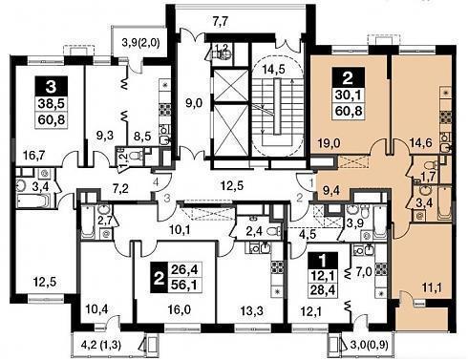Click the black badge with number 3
pos(52,86)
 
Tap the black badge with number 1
pos(323,261)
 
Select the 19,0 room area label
pos(330,143)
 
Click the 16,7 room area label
pos(34,156)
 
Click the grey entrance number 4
pos(156,183)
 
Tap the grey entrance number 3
pos(167,198)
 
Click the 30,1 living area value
pos(348,95)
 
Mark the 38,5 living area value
pos(51,103)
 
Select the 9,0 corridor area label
pos(194,103)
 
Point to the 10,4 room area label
pos(96,308)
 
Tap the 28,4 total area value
pos(325,290)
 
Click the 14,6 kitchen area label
pos(420,143)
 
